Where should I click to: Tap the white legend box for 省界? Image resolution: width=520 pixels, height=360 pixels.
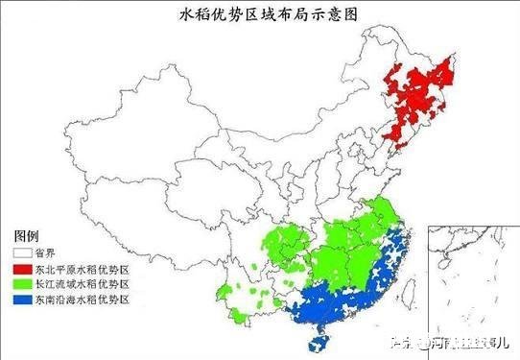pyautogui.click(x=21, y=253)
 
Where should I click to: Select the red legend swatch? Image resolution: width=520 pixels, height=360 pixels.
pyautogui.click(x=21, y=270)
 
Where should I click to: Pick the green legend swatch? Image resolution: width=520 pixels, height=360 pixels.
pyautogui.click(x=21, y=285)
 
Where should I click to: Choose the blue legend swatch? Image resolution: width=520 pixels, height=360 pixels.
pyautogui.click(x=21, y=300)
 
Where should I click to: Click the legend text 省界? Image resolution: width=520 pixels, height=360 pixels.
pyautogui.click(x=44, y=254)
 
